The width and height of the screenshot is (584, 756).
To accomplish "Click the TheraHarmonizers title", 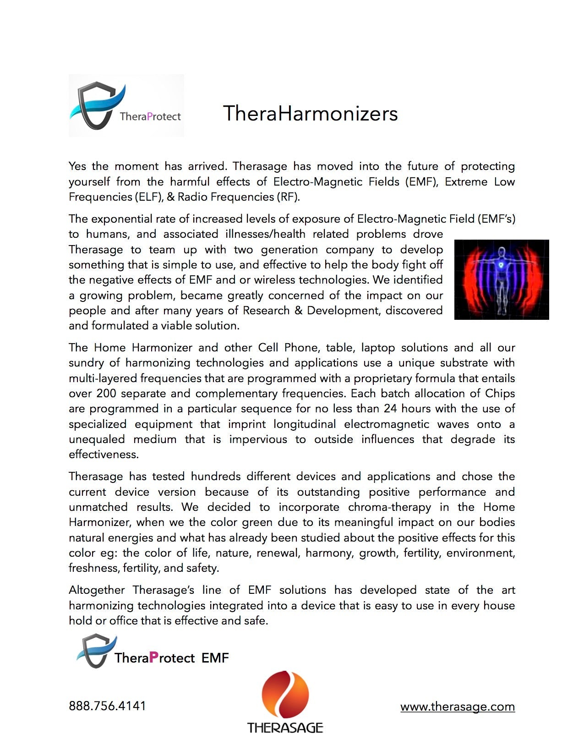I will (310, 113).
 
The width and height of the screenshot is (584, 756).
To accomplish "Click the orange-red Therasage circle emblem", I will (285, 694).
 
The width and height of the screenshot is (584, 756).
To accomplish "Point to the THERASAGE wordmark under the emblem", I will (285, 728).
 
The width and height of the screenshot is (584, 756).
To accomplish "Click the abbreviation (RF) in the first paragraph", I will (288, 197).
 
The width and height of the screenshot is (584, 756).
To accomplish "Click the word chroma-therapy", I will (389, 507).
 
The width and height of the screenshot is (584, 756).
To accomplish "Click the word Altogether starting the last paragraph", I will (97, 590).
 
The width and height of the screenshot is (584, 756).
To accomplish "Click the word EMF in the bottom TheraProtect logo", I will (215, 658).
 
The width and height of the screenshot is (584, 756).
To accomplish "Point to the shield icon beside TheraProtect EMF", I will (95, 651).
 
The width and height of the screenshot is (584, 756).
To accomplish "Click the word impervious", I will (258, 439).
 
